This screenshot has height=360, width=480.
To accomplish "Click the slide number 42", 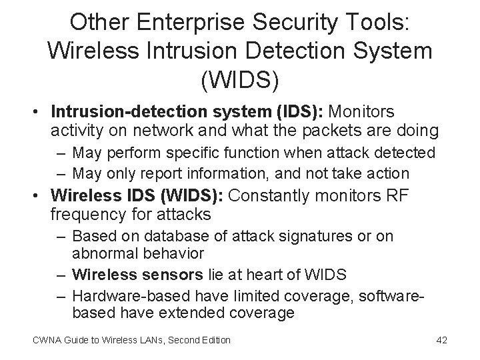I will [441, 340].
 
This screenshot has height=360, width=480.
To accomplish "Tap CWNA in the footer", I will [45, 340].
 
